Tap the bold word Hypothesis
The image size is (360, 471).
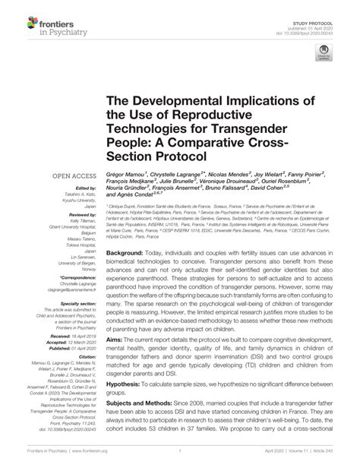tap(126, 406)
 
